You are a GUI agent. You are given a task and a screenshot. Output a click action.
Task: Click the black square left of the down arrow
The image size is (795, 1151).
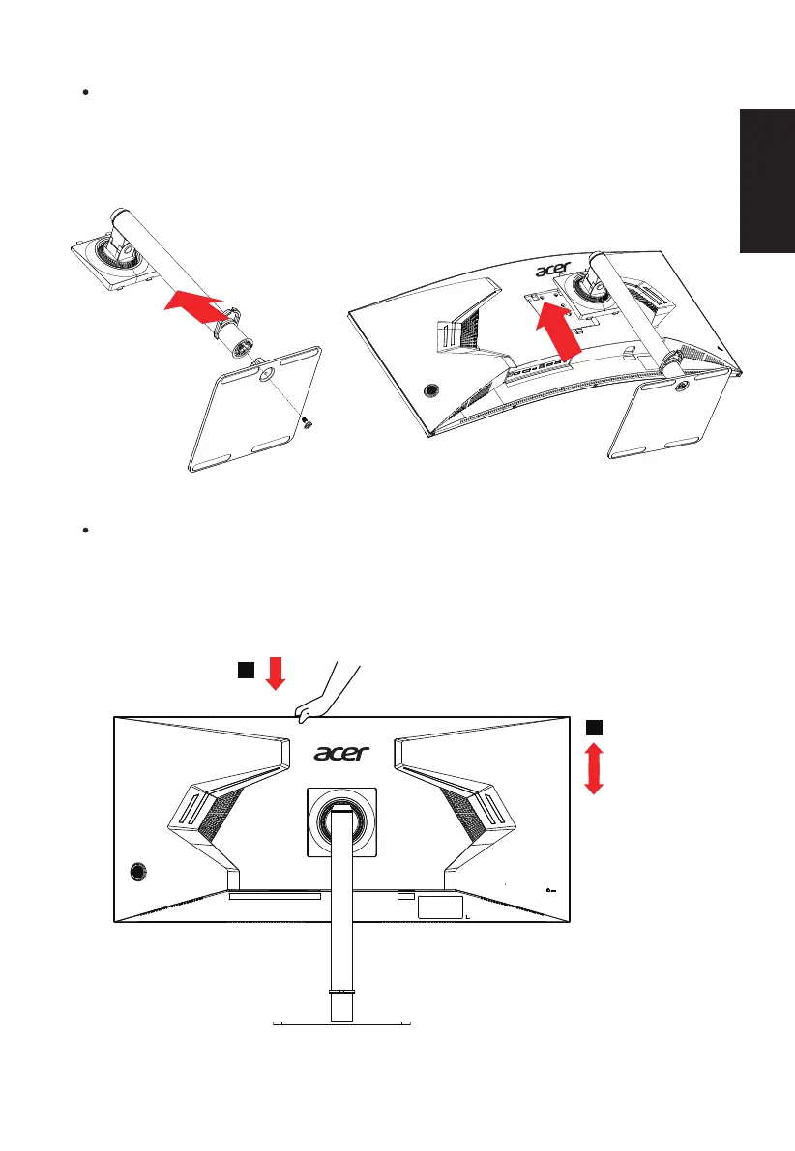click(247, 670)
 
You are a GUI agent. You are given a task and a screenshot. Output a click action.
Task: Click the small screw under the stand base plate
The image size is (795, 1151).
click(308, 420)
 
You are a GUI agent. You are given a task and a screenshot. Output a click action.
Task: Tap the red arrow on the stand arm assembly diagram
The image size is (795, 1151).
click(196, 305)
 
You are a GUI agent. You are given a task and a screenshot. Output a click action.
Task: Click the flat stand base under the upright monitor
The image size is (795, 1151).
click(341, 1022)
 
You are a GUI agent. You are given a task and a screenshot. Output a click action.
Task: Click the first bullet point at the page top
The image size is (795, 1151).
click(86, 95)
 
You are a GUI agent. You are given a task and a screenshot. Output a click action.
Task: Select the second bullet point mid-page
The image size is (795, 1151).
click(86, 532)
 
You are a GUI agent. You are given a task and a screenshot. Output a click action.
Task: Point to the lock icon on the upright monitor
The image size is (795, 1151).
click(548, 890)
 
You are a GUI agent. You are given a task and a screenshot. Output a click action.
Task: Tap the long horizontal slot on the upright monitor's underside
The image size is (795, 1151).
click(275, 896)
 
